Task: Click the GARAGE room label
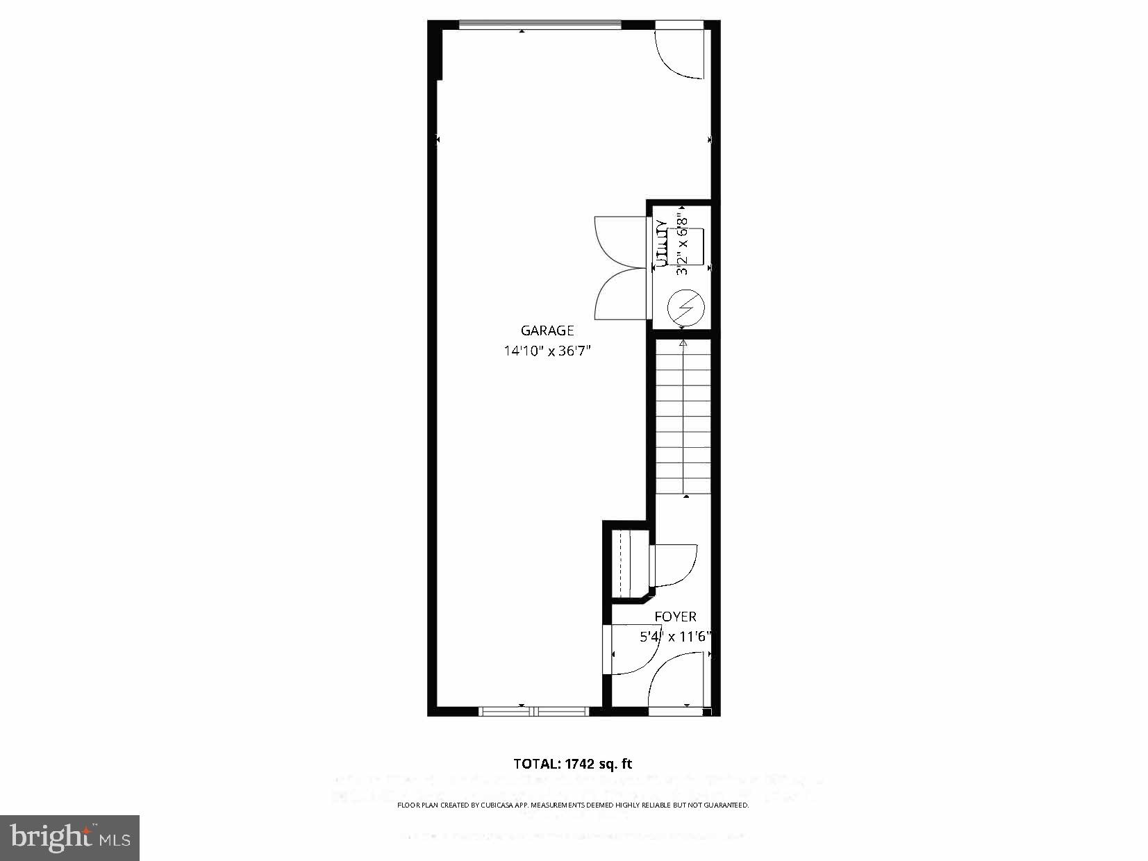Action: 547,331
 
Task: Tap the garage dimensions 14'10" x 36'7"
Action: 547,351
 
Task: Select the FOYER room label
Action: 675,617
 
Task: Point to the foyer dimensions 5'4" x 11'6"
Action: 676,636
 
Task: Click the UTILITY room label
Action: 662,244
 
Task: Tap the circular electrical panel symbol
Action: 685,306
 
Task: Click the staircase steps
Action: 683,417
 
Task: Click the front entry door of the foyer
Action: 675,684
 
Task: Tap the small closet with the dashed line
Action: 626,563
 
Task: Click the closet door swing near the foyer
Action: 674,564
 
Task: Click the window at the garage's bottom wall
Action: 533,711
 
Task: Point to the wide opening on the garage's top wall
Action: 540,26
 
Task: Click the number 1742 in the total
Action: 580,764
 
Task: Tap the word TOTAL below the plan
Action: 536,764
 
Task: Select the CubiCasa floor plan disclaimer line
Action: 573,805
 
